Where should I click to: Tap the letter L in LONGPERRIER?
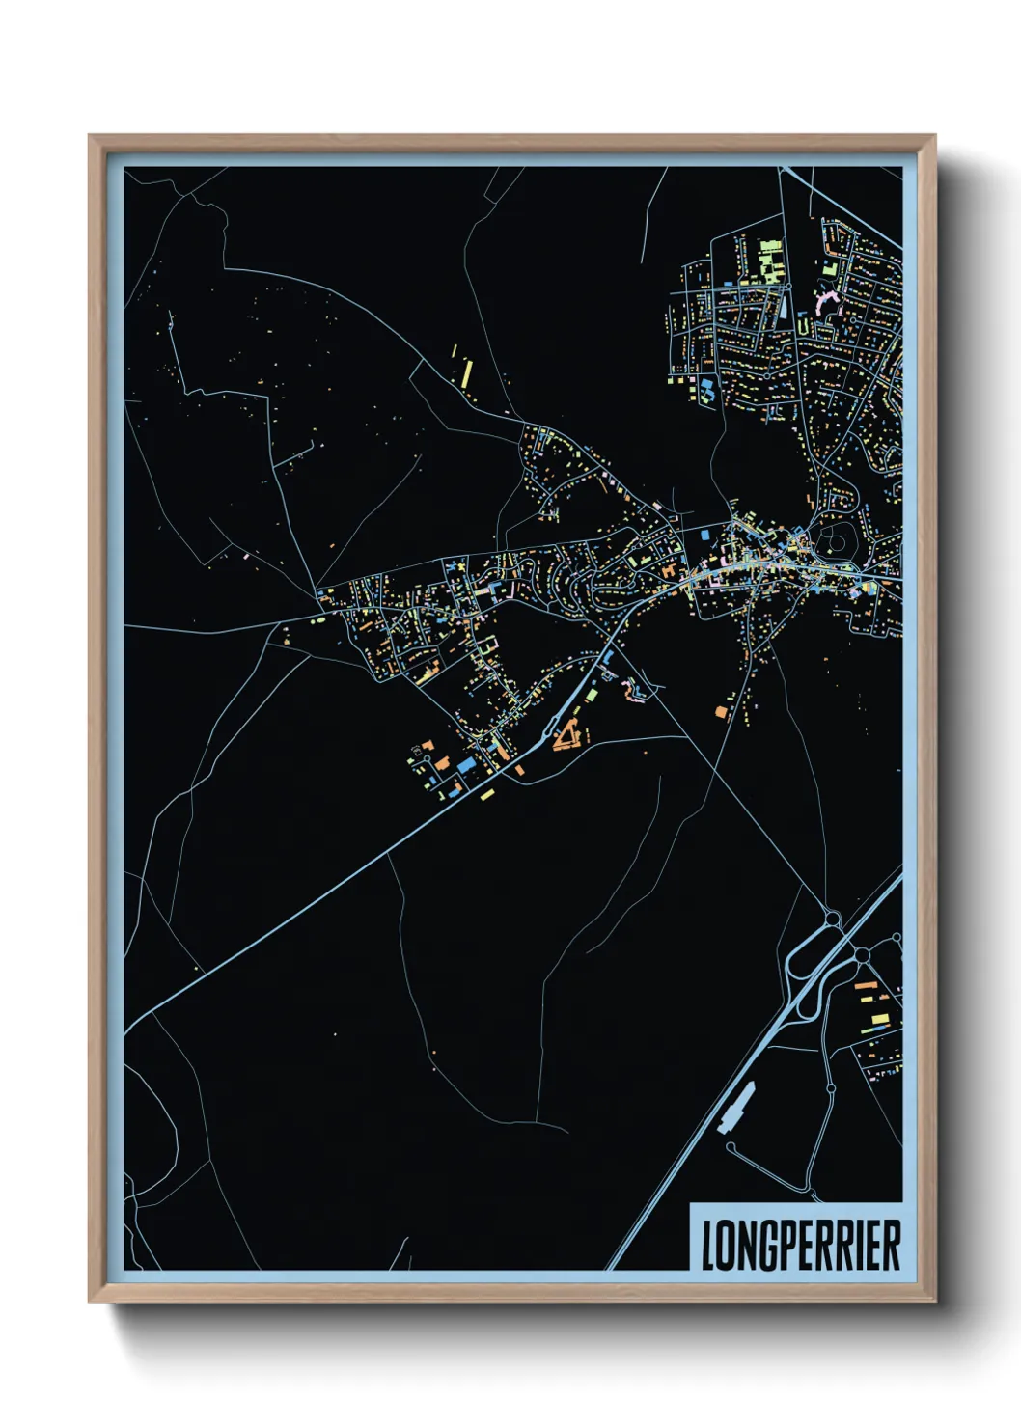707,1246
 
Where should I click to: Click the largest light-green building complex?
768,260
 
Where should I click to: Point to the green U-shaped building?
803,328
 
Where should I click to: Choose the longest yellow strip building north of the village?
465,371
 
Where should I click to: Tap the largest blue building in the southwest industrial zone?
467,764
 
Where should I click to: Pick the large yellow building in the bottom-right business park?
877,1018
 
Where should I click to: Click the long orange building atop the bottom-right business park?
866,986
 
